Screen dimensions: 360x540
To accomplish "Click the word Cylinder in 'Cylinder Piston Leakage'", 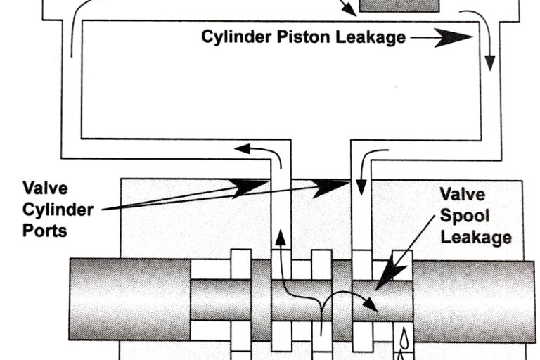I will [233, 37].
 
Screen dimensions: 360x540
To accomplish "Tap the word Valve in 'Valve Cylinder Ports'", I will [44, 188].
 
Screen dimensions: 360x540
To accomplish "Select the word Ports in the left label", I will [44, 230].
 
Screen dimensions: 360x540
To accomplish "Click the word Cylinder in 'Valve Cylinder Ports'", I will [57, 209].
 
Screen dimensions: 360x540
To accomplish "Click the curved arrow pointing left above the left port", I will [243, 148].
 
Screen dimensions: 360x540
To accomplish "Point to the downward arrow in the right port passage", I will [361, 187].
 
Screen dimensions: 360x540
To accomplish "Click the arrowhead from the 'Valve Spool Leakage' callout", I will [382, 281].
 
